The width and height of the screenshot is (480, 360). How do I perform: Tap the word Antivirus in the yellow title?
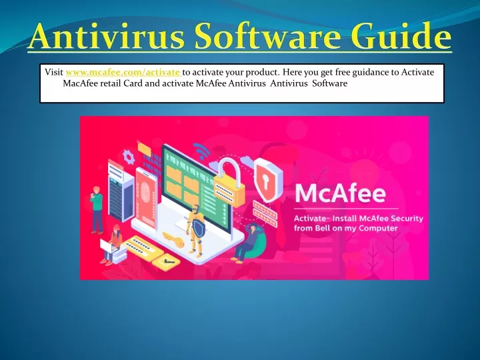106,36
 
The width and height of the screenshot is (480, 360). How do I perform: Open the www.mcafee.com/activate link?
123,73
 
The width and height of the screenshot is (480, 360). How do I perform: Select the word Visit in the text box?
54,72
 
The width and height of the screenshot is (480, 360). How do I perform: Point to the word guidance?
371,73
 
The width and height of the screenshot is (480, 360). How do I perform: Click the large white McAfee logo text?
340,194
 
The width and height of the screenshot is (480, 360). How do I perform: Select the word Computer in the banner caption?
378,229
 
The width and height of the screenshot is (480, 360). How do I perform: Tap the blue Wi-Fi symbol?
201,150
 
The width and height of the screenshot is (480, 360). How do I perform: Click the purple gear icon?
129,157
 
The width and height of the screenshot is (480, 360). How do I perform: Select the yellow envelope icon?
144,148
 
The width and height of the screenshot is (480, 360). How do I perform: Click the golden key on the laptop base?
173,239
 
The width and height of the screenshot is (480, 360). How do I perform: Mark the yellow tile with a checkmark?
166,263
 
